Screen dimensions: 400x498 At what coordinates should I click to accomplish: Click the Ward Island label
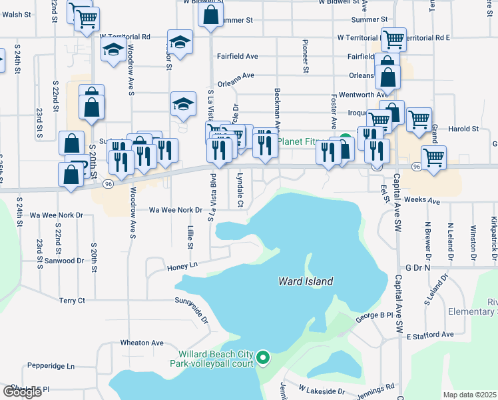click(305, 282)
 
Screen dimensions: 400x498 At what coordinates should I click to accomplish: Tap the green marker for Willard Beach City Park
click(263, 359)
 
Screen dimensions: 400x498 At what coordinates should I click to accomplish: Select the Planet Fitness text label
click(302, 141)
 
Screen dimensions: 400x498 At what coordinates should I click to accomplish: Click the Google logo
click(22, 391)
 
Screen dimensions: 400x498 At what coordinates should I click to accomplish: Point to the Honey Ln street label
click(183, 265)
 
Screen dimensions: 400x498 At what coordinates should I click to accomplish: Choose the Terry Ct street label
click(72, 301)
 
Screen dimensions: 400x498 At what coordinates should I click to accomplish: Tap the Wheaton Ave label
click(141, 343)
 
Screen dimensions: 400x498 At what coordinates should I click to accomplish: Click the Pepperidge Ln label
click(51, 366)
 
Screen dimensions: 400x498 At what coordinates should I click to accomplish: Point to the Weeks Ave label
click(423, 200)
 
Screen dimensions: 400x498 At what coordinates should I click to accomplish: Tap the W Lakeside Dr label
click(322, 389)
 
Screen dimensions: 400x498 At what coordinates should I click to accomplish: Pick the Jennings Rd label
click(375, 386)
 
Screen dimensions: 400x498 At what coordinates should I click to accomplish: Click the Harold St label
click(464, 129)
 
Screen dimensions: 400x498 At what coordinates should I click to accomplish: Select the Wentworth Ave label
click(363, 95)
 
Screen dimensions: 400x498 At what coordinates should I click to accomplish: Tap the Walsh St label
click(17, 14)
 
